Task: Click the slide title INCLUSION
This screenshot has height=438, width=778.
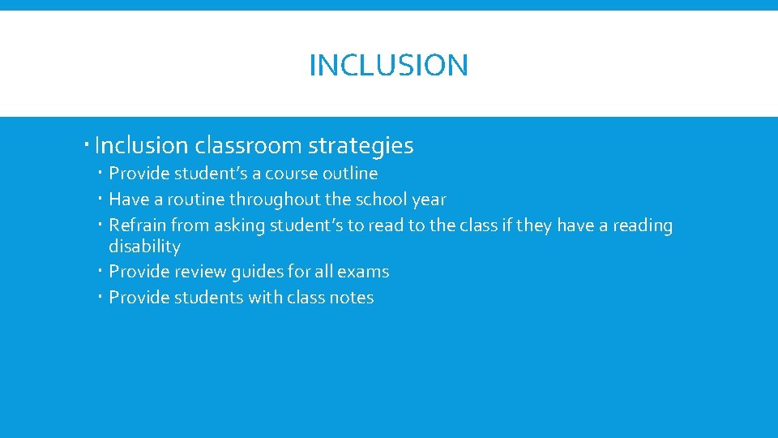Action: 388,65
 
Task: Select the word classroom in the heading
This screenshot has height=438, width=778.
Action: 247,146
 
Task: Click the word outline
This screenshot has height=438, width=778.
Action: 350,174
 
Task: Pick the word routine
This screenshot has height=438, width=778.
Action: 197,200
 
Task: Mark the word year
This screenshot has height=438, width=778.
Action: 430,200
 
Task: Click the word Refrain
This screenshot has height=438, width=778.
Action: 138,225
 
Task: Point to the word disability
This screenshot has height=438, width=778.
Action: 144,246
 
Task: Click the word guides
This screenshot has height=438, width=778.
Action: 262,272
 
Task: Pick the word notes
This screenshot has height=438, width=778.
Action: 352,298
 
